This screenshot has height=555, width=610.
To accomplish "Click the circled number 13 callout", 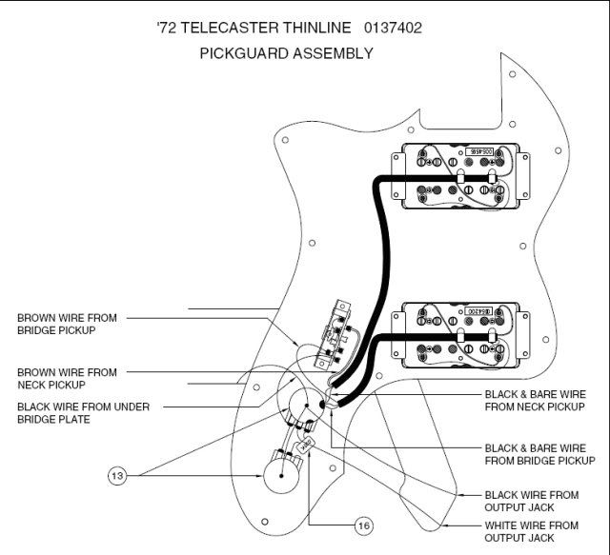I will tap(117, 475).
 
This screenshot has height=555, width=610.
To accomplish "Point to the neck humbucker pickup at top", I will tap(459, 178).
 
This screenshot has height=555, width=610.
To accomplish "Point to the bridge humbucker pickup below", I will tap(459, 337).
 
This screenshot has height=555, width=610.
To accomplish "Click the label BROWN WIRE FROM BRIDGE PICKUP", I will tap(67, 324).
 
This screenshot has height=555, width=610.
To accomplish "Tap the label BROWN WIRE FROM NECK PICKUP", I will tap(67, 378).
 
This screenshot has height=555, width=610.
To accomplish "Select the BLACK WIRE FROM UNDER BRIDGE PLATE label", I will tap(81, 412).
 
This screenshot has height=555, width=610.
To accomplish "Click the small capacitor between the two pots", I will tap(306, 443).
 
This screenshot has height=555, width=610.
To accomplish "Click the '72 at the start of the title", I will tap(165, 28).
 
